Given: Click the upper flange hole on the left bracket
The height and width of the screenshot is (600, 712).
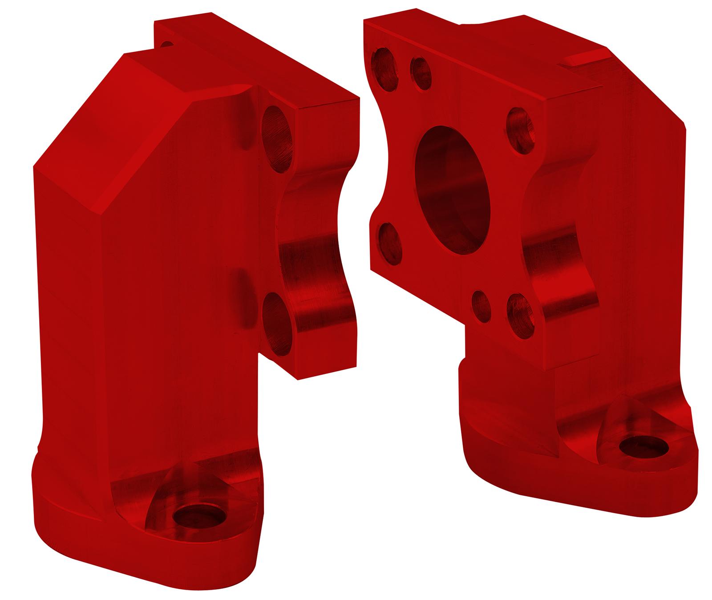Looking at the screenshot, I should coord(276,138).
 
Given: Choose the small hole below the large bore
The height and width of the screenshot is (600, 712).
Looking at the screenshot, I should coord(481,305).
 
